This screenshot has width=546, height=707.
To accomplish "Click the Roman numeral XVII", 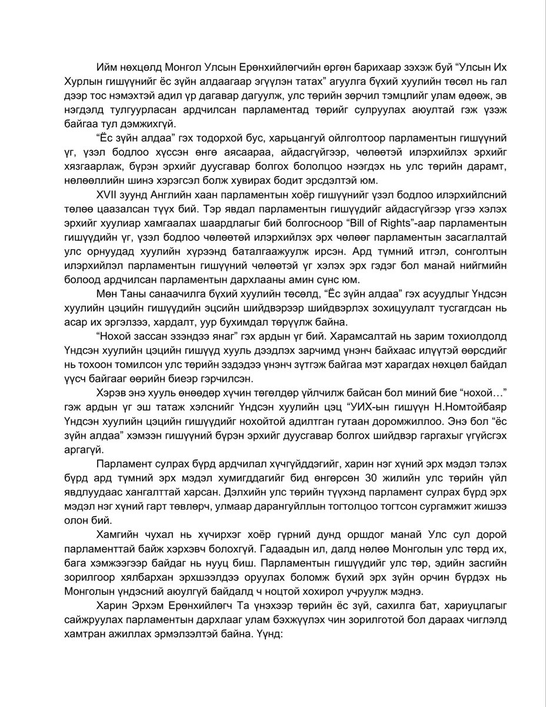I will pos(106,194).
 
